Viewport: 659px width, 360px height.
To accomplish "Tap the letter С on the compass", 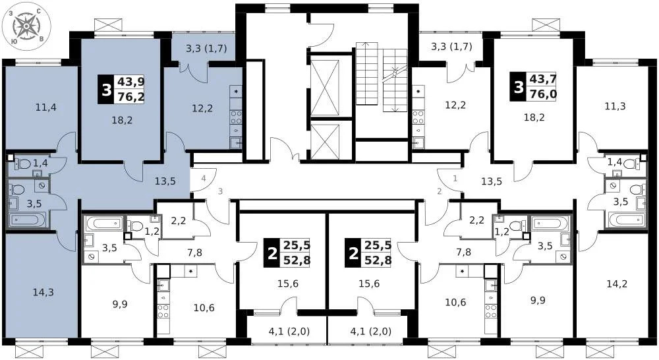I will click(x=40, y=11).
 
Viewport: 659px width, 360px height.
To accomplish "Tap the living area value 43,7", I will click(x=544, y=78).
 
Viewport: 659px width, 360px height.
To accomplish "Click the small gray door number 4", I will click(x=205, y=178).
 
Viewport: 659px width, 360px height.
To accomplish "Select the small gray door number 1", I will click(x=455, y=178).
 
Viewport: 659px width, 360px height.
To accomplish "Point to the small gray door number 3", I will click(x=221, y=192).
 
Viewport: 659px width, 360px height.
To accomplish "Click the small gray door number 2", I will click(x=438, y=192).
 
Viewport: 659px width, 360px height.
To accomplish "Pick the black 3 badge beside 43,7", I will click(x=518, y=86).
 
